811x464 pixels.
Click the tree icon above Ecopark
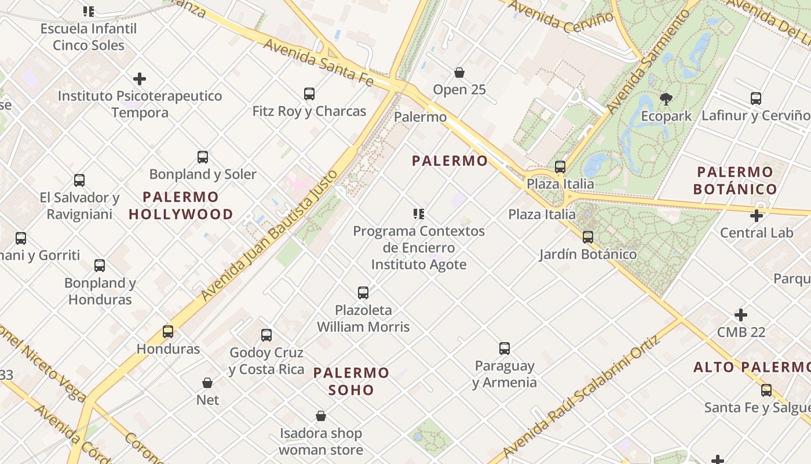(666, 99)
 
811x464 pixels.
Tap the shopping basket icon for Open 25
(459, 72)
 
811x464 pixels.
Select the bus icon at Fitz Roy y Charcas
(309, 93)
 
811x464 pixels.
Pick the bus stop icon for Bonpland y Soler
(203, 157)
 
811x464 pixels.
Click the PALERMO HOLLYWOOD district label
(181, 205)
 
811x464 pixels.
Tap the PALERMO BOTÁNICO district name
(735, 180)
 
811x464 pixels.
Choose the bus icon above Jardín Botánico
(588, 237)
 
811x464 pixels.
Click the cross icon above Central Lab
(756, 216)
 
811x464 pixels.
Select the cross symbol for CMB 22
(741, 315)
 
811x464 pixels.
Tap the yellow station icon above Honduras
(168, 331)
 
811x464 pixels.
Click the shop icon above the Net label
(207, 383)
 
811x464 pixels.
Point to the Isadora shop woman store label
(321, 441)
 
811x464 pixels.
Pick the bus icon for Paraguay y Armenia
(505, 349)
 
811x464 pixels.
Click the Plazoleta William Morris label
(363, 318)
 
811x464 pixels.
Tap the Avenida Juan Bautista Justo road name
(270, 235)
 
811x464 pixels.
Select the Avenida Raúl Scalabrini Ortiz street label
(582, 396)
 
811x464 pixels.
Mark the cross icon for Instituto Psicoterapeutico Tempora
(140, 79)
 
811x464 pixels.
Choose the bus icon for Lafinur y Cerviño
(756, 98)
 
